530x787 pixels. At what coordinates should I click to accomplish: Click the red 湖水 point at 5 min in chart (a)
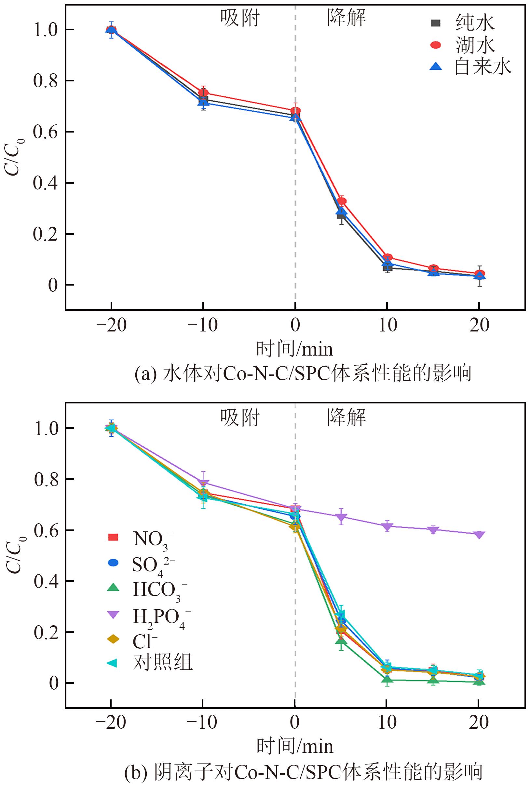pos(341,201)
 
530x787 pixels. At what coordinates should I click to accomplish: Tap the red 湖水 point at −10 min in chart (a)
pos(203,93)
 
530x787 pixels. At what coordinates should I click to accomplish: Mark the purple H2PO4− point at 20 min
pos(479,535)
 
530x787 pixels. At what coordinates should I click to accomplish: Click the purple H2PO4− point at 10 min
pos(387,526)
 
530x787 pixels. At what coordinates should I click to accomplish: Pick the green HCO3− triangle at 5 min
pos(341,640)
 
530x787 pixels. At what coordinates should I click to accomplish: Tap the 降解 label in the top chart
pos(347,18)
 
